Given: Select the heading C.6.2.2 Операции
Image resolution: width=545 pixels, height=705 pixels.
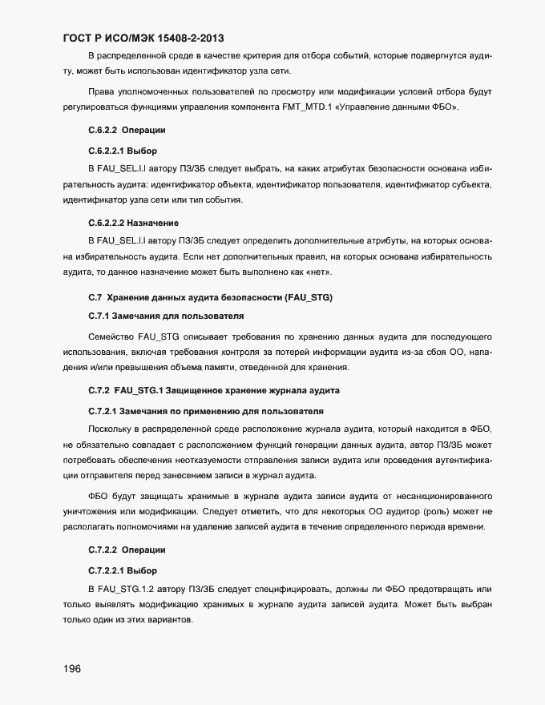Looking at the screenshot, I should pos(127,130).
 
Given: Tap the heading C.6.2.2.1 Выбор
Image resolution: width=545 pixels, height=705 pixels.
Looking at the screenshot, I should pos(122,150).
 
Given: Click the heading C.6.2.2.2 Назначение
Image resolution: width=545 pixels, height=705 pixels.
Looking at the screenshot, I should pos(132,222).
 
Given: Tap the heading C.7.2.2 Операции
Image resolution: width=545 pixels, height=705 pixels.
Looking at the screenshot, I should pos(127,550).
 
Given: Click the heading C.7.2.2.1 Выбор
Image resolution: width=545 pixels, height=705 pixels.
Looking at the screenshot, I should pos(122,570).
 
